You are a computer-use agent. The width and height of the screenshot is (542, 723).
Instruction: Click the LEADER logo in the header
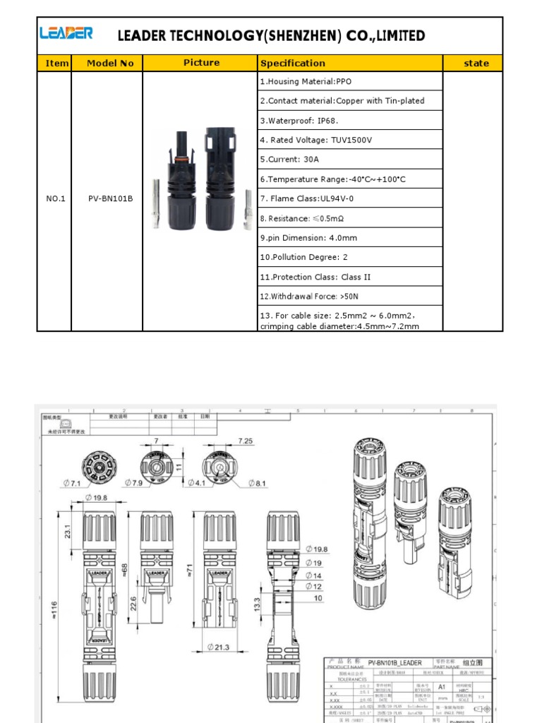pos(66,34)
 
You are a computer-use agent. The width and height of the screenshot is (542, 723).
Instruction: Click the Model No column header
pos(110,63)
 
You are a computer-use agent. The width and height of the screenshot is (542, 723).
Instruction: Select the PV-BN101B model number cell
pos(110,198)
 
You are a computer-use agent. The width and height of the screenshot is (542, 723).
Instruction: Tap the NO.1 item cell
pos(56,198)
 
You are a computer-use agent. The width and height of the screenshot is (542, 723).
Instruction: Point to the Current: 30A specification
pos(289,160)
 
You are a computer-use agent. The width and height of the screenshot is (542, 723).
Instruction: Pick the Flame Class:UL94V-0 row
pos(307,198)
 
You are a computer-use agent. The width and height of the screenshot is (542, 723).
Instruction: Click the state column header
pos(476,63)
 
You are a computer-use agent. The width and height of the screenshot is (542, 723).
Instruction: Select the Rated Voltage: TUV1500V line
pos(315,140)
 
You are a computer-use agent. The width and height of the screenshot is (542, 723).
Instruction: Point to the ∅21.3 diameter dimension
pos(219,647)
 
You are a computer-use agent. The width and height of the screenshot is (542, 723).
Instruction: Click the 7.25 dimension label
pos(246,441)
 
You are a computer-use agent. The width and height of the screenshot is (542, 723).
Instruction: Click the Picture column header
pos(201,63)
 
